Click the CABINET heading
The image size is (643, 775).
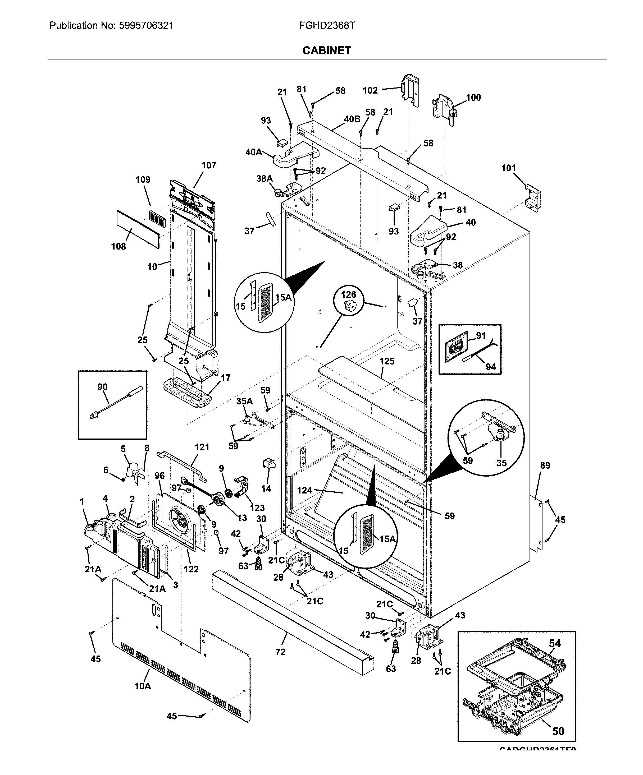tap(326, 50)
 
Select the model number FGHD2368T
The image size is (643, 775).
tap(327, 25)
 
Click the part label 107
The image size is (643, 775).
tap(209, 165)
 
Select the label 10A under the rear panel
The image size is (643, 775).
tap(143, 686)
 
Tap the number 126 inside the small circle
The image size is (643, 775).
tap(348, 294)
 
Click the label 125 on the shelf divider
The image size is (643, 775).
tap(387, 361)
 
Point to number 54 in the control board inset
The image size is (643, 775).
tap(554, 643)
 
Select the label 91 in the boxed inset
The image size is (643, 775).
tap(481, 335)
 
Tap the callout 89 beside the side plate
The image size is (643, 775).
tap(545, 465)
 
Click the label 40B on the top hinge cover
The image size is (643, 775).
tap(352, 119)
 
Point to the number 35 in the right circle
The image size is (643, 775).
tap(501, 463)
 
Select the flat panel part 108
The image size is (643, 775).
tap(138, 229)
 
